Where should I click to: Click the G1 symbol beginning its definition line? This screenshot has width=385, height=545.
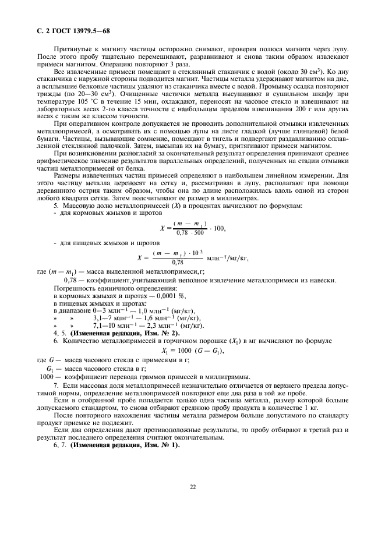pyautogui.click(x=51, y=369)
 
